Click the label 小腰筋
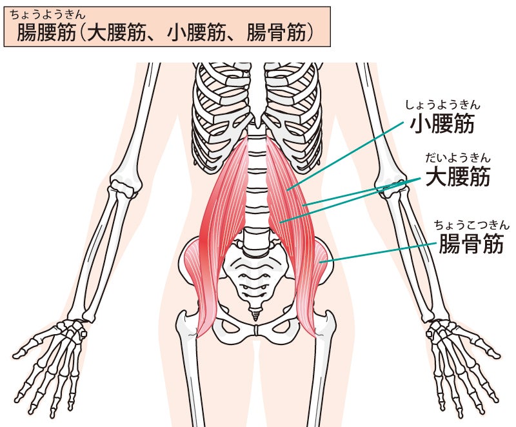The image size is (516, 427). click(x=442, y=124)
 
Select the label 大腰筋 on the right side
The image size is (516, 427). click(x=458, y=177)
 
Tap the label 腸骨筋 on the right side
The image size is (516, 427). click(x=471, y=243)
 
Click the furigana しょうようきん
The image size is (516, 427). click(x=442, y=105)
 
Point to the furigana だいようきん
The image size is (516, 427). click(x=458, y=158)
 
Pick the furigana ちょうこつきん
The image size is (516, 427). click(x=471, y=225)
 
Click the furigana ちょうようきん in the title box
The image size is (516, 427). click(x=47, y=15)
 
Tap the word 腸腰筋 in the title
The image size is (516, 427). click(x=46, y=32)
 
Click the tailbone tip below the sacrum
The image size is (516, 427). click(x=255, y=316)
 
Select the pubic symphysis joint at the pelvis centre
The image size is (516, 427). click(x=256, y=330)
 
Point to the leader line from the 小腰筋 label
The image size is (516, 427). click(x=346, y=156)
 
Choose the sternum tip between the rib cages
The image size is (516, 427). click(x=257, y=124)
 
